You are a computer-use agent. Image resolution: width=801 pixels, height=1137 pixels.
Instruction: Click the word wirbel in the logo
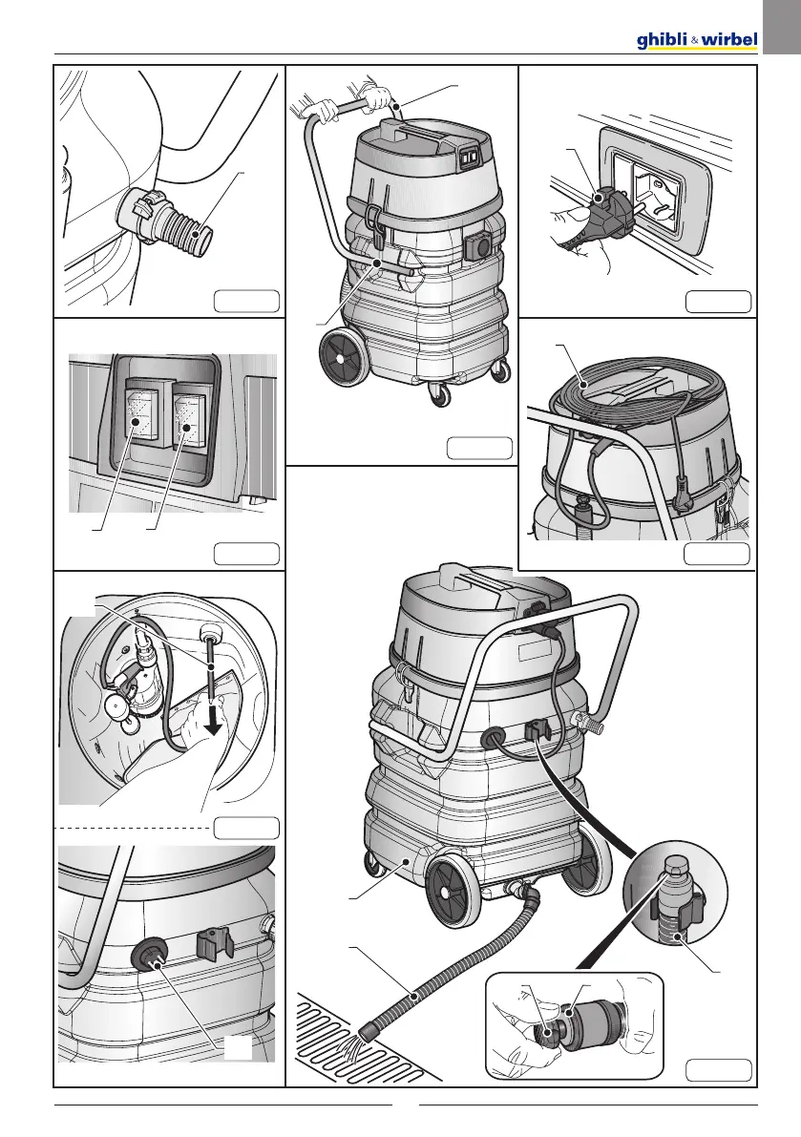pyautogui.click(x=731, y=40)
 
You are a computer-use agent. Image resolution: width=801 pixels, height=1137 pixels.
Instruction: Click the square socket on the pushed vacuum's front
pyautogui.click(x=478, y=246)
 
